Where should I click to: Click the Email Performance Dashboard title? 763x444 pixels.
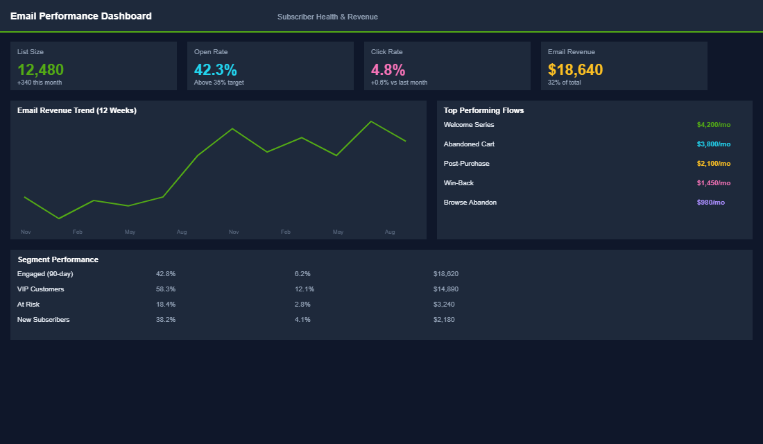(x=80, y=16)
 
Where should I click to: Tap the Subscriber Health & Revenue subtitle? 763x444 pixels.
(x=327, y=17)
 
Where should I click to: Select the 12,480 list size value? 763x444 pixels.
(x=40, y=69)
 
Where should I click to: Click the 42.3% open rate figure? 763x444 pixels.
(x=215, y=69)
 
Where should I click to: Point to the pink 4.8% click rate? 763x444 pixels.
(x=388, y=69)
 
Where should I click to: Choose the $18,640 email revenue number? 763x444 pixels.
(x=575, y=69)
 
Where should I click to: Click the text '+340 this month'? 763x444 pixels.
(x=40, y=83)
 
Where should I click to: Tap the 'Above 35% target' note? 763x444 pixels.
(x=218, y=83)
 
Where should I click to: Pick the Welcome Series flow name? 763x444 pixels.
(x=469, y=125)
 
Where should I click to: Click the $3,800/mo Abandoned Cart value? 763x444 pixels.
(x=713, y=144)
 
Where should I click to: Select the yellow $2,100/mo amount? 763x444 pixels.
(x=713, y=164)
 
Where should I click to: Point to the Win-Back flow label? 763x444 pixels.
(x=458, y=183)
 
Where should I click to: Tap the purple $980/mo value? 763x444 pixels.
(x=710, y=203)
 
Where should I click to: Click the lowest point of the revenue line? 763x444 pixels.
(x=59, y=219)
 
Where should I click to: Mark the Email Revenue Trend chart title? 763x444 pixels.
(x=76, y=110)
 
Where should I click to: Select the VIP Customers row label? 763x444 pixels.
(x=40, y=289)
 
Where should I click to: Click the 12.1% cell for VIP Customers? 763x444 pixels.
(x=304, y=289)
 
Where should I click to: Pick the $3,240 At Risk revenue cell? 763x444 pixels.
(x=444, y=305)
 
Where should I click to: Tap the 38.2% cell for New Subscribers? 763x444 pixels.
(x=166, y=320)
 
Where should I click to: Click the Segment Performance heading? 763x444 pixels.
(x=58, y=259)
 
